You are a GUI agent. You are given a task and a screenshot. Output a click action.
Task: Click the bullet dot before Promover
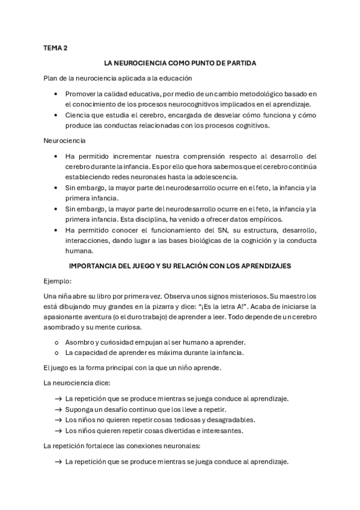coord(55,94)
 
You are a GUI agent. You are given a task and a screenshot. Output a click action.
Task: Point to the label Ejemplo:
coord(57,281)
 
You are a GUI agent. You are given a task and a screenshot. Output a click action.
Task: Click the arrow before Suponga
coord(58,409)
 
